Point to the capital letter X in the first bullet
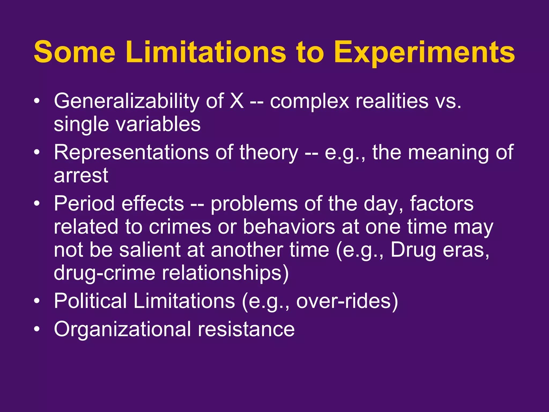coord(237,101)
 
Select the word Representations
coord(131,153)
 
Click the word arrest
coord(81,176)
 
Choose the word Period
coord(85,204)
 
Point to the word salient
coord(150,250)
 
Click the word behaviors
coord(289,227)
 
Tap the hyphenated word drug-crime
coord(105,273)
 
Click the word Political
coord(90,301)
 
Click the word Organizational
coord(122,329)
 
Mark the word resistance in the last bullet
coord(246,329)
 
